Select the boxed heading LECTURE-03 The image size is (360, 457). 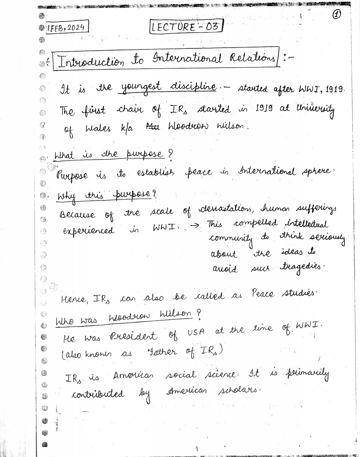(186, 26)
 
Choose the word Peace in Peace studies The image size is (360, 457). (263, 294)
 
